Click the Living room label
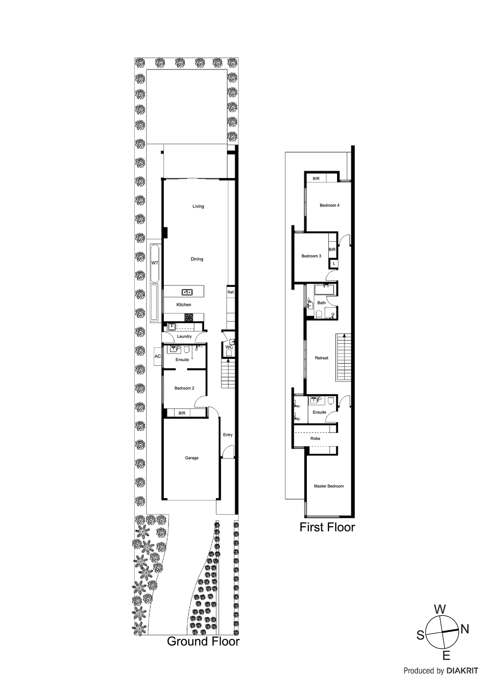[x=198, y=206]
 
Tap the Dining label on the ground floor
[x=197, y=259]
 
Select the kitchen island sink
[x=187, y=292]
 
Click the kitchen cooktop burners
[x=188, y=317]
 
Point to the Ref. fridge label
[x=231, y=292]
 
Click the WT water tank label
[x=155, y=263]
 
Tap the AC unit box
[x=158, y=357]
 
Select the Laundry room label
[x=184, y=337]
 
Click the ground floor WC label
[x=229, y=347]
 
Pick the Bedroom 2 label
[x=184, y=388]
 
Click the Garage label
[x=191, y=458]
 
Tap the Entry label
[x=227, y=435]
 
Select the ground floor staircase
[x=228, y=373]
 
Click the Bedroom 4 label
[x=329, y=205]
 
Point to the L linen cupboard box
[x=334, y=264]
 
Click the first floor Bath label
[x=321, y=303]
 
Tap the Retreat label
[x=321, y=358]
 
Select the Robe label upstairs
[x=315, y=439]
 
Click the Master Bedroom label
[x=329, y=486]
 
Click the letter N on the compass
[x=465, y=629]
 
